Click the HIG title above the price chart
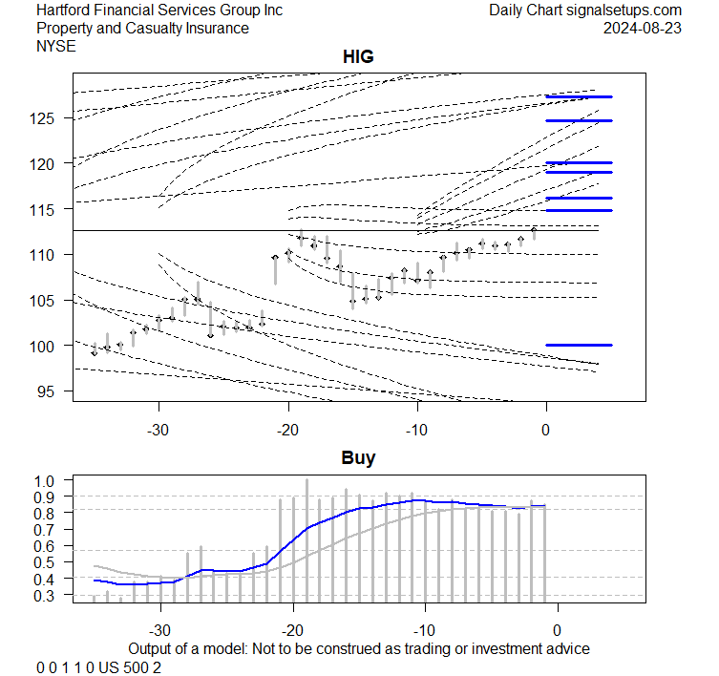pos(358,57)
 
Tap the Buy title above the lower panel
pos(358,458)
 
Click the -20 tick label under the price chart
pos(288,429)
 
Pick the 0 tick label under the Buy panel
pos(557,630)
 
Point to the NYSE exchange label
pos(57,46)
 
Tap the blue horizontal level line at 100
pos(579,345)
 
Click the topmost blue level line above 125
pos(579,96)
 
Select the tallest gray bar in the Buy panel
pos(307,540)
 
